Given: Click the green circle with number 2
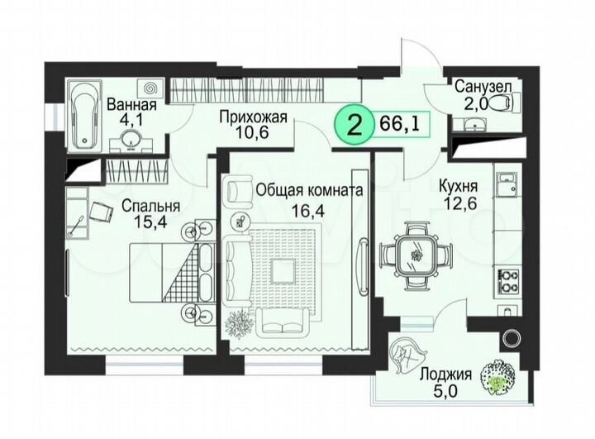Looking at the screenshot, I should click(355, 126).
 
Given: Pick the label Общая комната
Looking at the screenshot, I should click(309, 189).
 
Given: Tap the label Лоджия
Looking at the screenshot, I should click(444, 373).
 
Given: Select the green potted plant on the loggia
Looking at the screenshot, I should click(498, 377).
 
